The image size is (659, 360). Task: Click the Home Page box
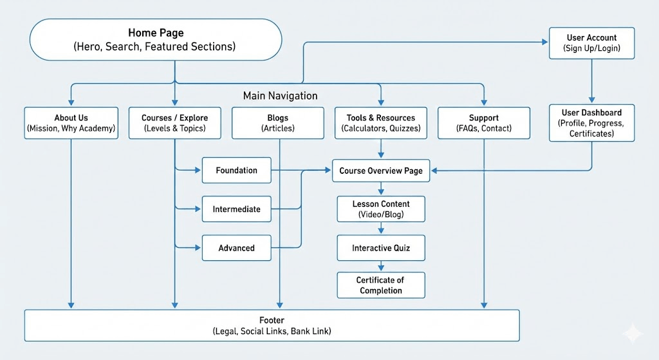[x=156, y=40]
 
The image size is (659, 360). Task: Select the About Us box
[x=71, y=123]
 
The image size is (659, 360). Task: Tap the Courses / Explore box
[x=174, y=123]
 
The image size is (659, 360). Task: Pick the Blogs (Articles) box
[x=278, y=123]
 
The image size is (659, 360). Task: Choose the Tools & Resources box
[x=381, y=123]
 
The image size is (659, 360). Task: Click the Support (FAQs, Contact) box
[x=483, y=123]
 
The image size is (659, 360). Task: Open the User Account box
[x=591, y=43]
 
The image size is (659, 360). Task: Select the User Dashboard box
[x=591, y=123]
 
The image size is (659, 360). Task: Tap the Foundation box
[x=236, y=171]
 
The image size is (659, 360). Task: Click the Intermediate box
[x=236, y=209]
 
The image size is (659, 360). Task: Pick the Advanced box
[x=236, y=248]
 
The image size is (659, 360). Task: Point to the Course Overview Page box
[x=381, y=171]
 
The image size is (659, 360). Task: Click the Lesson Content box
[x=381, y=209]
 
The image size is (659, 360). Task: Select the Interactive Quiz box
[x=381, y=248]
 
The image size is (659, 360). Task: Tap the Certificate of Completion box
[x=381, y=285]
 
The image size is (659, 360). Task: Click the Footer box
[x=272, y=325]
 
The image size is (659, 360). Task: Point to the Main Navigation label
[x=280, y=96]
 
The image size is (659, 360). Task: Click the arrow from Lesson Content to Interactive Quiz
[x=381, y=229]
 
